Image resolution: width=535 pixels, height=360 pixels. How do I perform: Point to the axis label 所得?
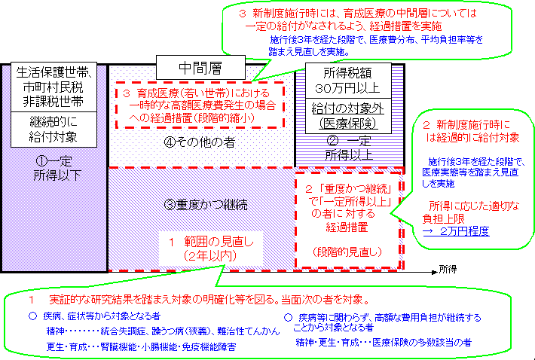click(x=448, y=268)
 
